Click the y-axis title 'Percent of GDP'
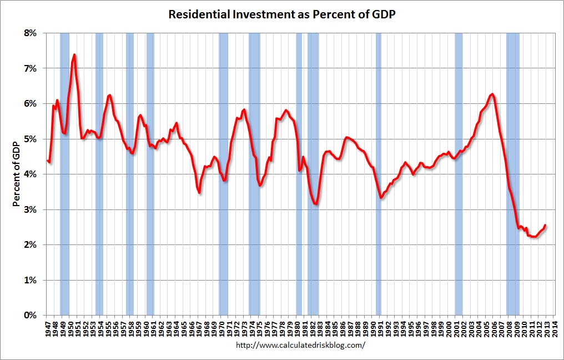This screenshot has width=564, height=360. pos(17,174)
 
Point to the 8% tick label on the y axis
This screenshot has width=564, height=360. pos(29,33)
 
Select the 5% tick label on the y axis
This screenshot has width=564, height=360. pos(29,139)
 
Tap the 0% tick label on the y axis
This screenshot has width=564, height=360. pos(29,315)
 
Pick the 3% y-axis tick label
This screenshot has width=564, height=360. pos(29,209)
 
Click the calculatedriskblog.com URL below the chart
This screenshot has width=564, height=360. pos(300,345)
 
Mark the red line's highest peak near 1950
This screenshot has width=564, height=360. pos(74,54)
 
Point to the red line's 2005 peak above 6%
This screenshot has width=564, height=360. pos(492,94)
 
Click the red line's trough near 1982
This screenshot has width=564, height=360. pos(316,204)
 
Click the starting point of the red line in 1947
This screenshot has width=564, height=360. pos(48,161)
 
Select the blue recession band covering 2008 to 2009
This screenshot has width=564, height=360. pos(513,174)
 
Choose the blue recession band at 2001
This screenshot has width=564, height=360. pos(459,174)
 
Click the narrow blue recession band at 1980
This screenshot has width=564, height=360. pos(299,174)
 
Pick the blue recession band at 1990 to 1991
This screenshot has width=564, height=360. pos(379,174)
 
